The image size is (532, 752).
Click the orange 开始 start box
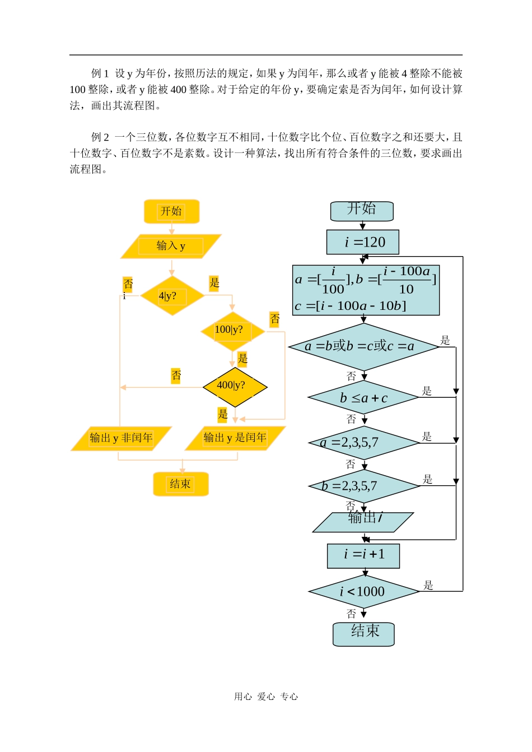point(171,211)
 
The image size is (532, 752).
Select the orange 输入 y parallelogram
point(171,246)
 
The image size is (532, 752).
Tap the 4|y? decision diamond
point(172,295)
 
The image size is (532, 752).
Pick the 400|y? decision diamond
point(235,387)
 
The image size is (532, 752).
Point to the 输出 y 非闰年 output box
point(121,438)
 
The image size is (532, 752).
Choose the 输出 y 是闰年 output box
point(235,438)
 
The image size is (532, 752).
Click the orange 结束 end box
point(180,484)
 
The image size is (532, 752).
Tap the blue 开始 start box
point(362,211)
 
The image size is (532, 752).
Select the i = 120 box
point(363,242)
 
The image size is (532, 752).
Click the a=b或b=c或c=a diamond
point(363,347)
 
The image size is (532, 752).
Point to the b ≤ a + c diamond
point(363,398)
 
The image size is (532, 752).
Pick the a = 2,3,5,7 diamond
point(363,443)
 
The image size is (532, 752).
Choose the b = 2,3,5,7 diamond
point(364,486)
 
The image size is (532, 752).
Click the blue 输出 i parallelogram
point(363,522)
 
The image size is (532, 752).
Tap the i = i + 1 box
point(363,555)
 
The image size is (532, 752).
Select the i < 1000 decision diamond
point(363,591)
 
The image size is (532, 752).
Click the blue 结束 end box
point(363,634)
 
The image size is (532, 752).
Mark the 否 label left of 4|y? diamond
point(128,284)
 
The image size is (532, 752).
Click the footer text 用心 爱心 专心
point(266,697)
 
